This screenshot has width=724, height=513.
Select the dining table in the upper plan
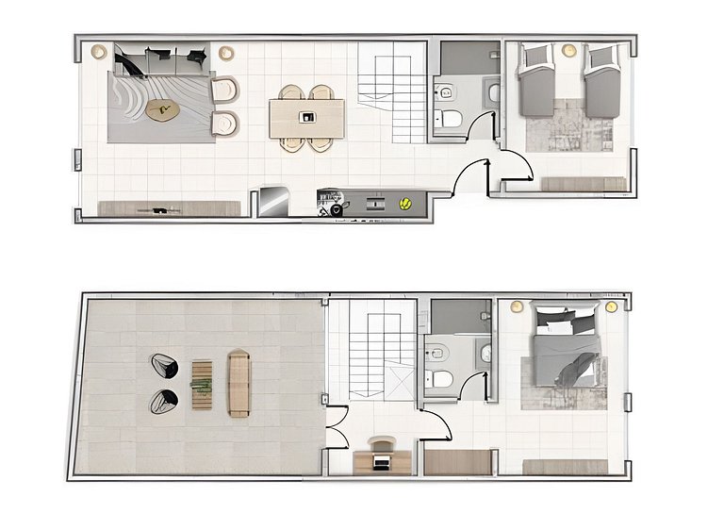pyautogui.click(x=306, y=118)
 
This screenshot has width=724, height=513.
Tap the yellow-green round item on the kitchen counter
pyautogui.click(x=405, y=202)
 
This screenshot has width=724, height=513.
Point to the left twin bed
pyautogui.click(x=535, y=82)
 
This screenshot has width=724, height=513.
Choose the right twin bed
pyautogui.click(x=601, y=82)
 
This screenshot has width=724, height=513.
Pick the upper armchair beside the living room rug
pyautogui.click(x=226, y=91)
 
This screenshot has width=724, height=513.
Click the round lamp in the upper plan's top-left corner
pyautogui.click(x=99, y=53)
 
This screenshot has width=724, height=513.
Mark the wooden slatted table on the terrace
pyautogui.click(x=202, y=384)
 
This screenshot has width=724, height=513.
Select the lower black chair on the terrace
pyautogui.click(x=165, y=402)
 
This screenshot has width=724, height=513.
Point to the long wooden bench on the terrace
pyautogui.click(x=239, y=383)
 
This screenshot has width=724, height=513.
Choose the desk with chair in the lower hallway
pyautogui.click(x=382, y=457)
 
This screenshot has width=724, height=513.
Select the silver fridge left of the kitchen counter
pyautogui.click(x=273, y=201)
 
